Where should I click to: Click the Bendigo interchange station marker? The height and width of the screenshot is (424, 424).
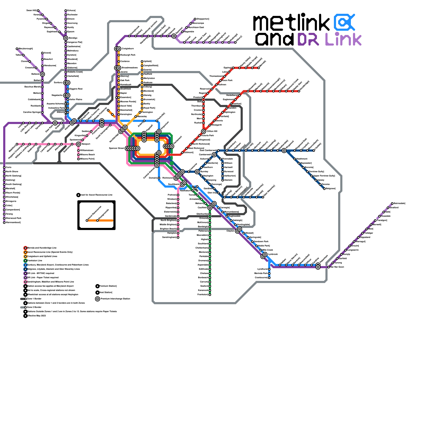(x=66, y=38)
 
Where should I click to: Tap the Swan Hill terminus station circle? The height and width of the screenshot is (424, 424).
(x=38, y=11)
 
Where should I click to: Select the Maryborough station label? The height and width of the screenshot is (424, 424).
(x=26, y=49)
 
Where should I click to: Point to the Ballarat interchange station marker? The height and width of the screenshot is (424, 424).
(x=42, y=74)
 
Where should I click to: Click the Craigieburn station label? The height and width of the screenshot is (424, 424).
(x=128, y=49)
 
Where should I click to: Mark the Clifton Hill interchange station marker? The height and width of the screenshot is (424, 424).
(x=204, y=131)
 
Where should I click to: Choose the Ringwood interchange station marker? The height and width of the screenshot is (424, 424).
(x=284, y=151)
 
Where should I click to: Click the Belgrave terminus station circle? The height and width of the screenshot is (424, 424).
(x=324, y=189)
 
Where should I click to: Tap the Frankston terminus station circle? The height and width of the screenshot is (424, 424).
(x=210, y=295)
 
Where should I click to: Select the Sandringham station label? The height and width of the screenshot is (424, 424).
(x=169, y=237)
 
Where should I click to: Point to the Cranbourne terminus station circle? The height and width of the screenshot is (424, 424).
(x=269, y=278)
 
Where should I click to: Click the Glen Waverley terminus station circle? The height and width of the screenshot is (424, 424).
(x=263, y=197)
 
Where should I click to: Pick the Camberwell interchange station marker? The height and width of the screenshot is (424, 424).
(x=214, y=155)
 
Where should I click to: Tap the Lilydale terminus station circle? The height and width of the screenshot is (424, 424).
(x=314, y=151)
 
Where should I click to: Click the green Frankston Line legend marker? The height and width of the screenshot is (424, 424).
(x=25, y=261)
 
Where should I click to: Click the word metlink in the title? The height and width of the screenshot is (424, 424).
(x=291, y=23)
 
